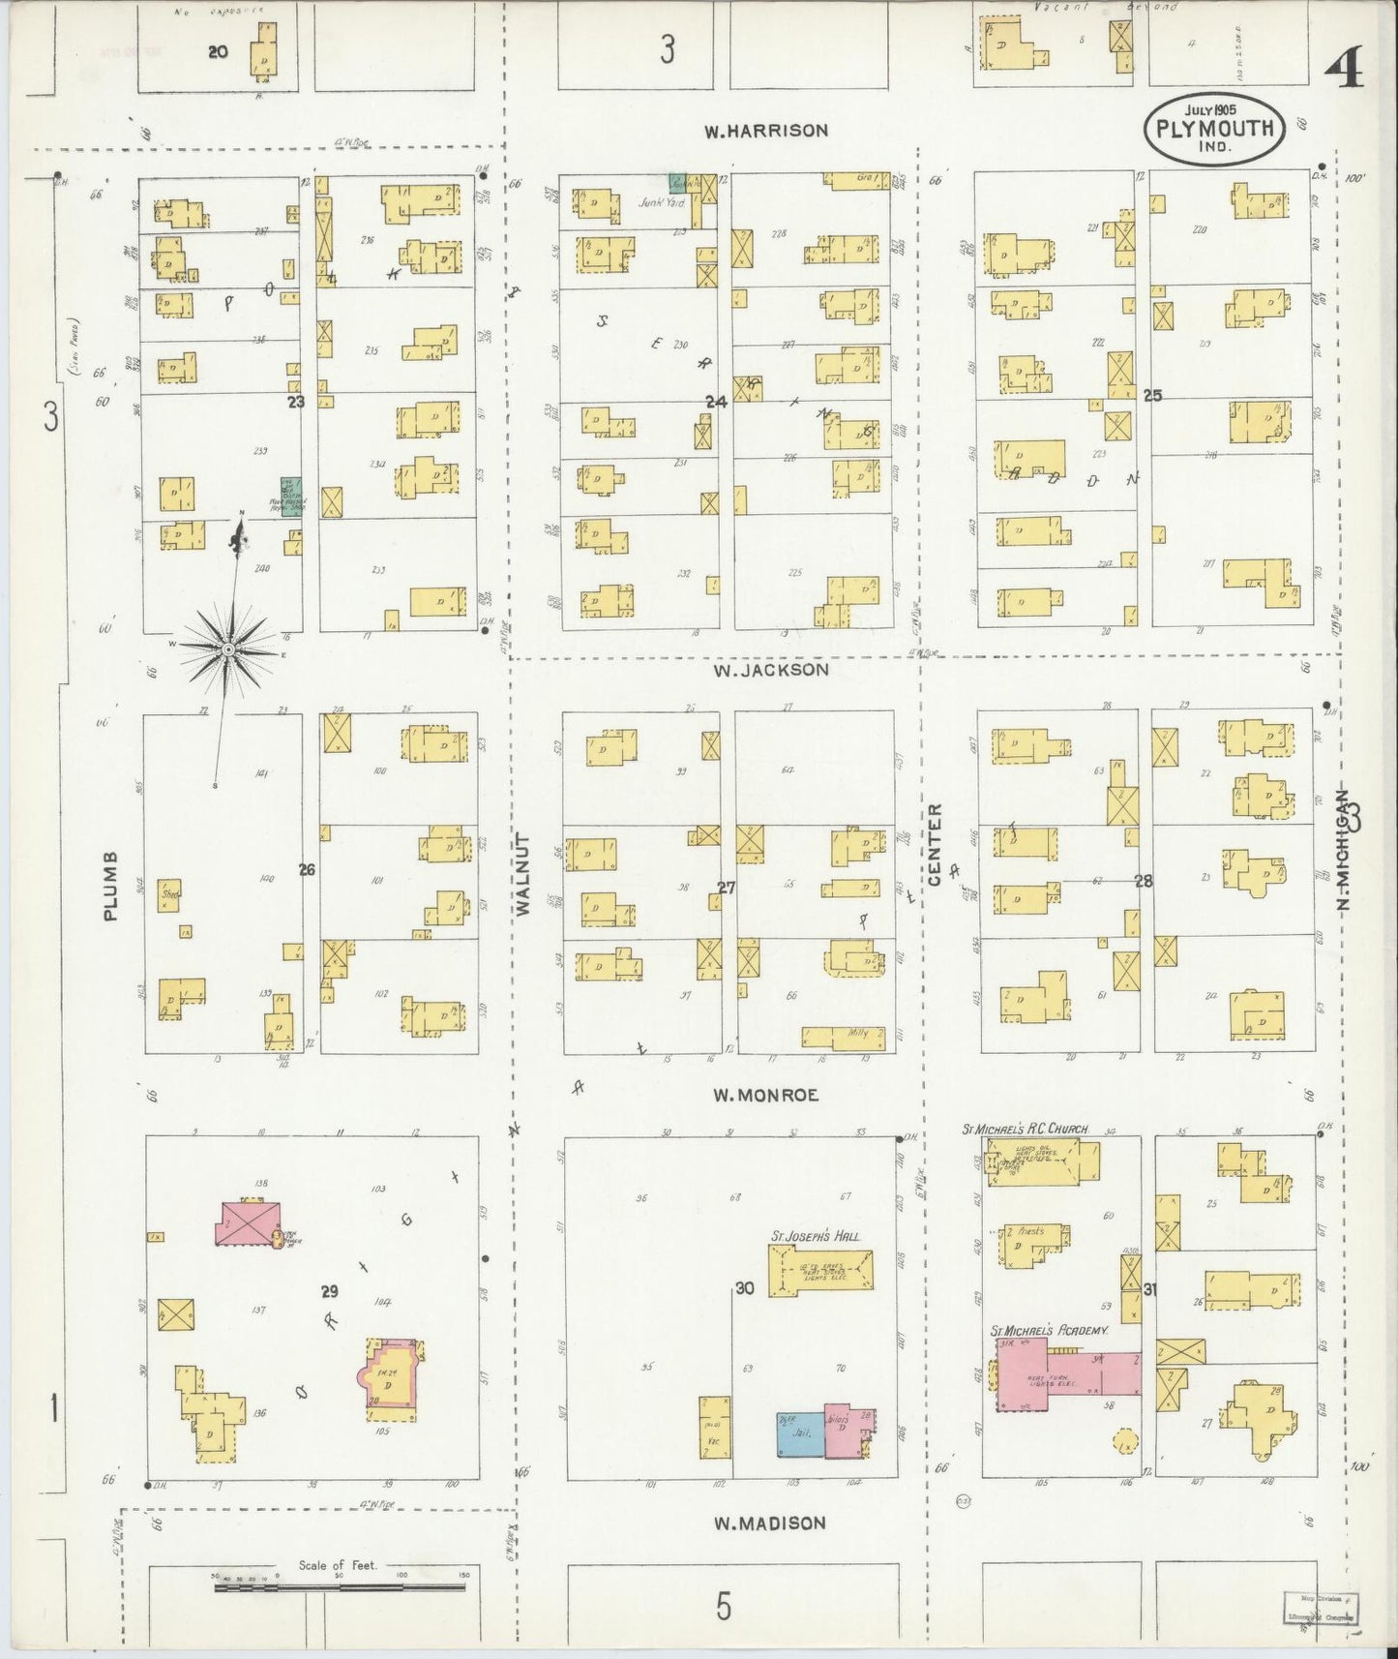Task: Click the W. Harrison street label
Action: pos(765,131)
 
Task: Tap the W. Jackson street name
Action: pos(770,670)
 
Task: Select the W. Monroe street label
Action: pos(765,1096)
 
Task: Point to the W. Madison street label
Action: pos(769,1523)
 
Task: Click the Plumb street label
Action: pos(110,886)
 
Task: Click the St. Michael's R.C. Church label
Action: pos(1025,1130)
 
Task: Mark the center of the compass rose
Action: pos(226,649)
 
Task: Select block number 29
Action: pos(330,1291)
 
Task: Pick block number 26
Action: pos(307,870)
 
